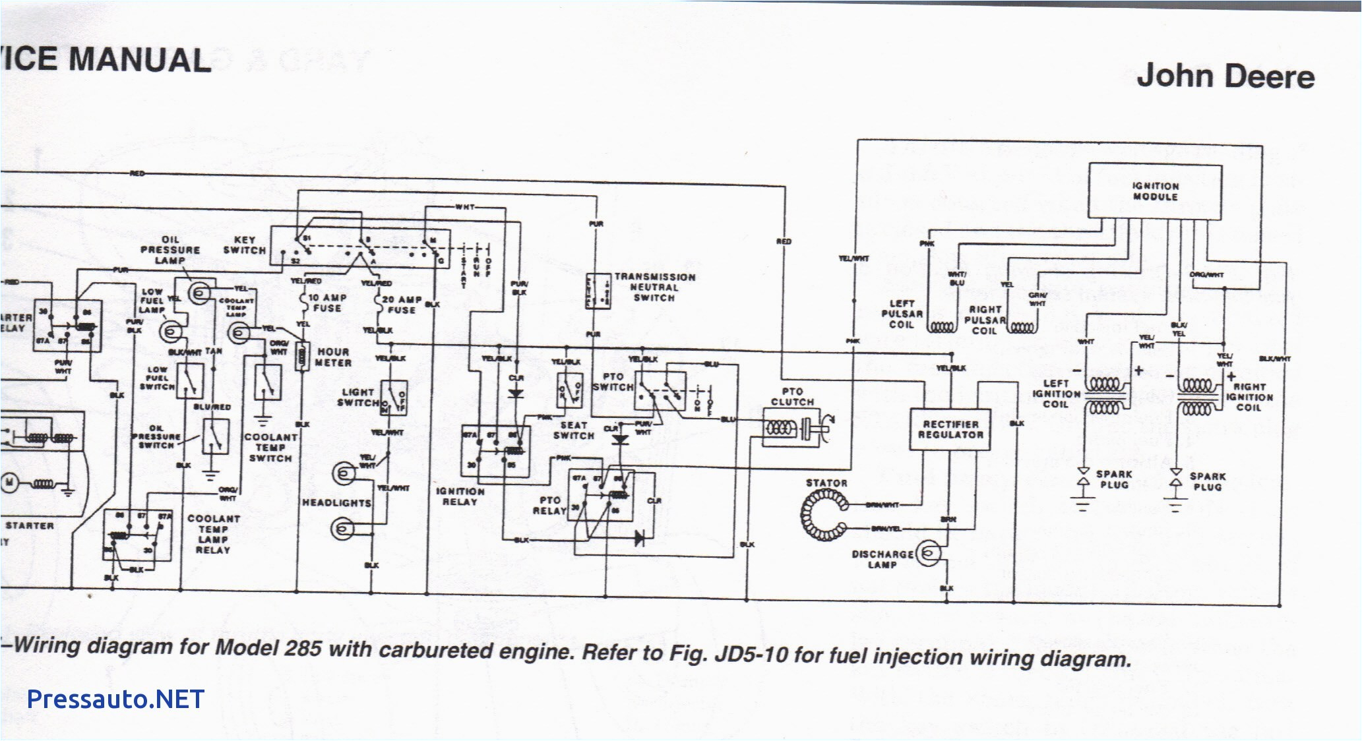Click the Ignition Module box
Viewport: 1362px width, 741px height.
1154,191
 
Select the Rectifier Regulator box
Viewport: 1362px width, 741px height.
950,429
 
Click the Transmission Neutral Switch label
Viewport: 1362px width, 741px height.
654,287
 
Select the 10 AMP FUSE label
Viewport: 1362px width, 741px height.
326,303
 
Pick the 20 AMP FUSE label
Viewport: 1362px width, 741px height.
401,305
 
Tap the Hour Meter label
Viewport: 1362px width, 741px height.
333,357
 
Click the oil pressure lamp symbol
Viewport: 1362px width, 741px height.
200,291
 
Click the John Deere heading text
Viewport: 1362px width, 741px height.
1225,76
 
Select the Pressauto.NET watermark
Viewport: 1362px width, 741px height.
115,699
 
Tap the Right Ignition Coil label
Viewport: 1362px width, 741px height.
1249,397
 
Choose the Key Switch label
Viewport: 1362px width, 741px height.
244,245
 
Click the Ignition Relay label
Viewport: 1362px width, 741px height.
460,496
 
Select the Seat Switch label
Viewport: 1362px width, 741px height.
573,430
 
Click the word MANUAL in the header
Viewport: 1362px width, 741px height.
139,60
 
